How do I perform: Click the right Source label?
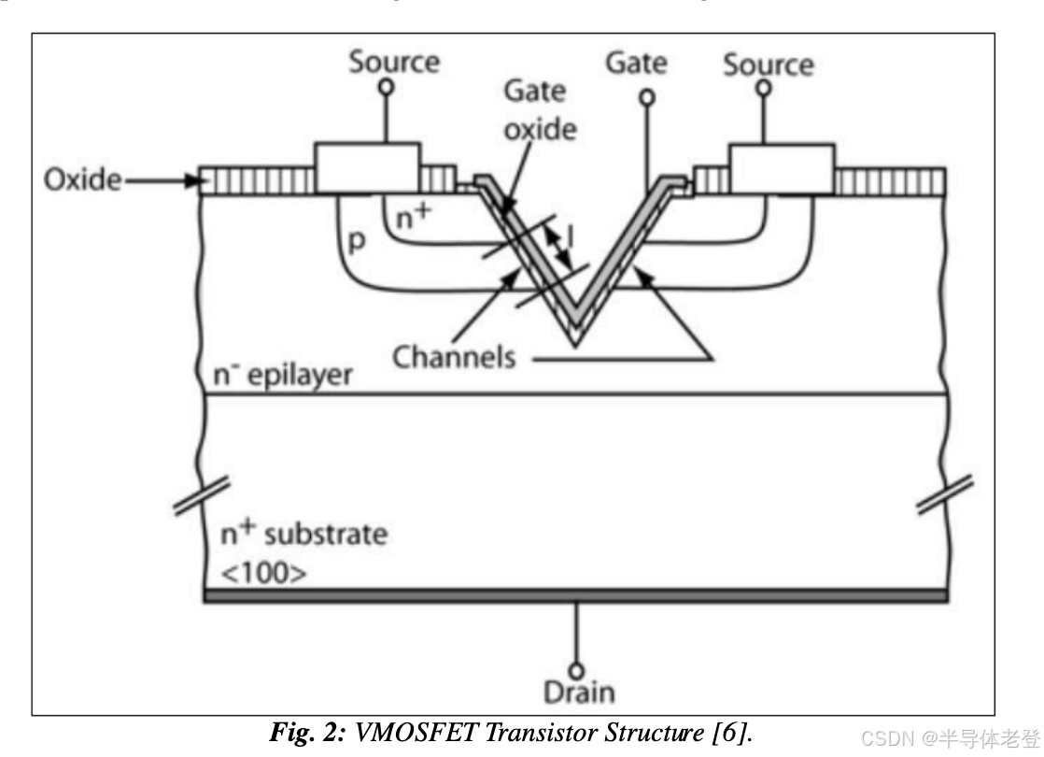(x=768, y=64)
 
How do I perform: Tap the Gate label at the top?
(x=636, y=62)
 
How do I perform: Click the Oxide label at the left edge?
(x=82, y=180)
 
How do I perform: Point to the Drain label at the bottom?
(x=579, y=692)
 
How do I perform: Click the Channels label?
(x=454, y=356)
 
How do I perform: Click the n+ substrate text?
(x=303, y=535)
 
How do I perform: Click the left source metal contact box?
(x=366, y=168)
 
